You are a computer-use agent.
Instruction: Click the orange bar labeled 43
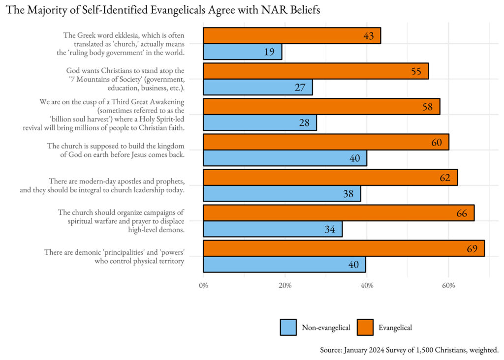pos(291,36)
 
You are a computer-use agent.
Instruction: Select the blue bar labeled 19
pos(242,52)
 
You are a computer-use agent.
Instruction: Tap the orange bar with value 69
pos(344,248)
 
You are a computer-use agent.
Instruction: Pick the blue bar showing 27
pos(257,87)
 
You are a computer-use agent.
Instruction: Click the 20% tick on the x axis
pos(285,285)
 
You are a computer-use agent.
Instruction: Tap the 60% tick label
pos(448,285)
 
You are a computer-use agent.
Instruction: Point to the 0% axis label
pos(203,285)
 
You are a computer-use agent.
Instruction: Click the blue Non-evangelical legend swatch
pos(288,327)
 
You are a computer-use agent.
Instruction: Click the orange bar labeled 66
pos(339,213)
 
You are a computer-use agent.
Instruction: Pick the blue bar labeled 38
pos(282,193)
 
